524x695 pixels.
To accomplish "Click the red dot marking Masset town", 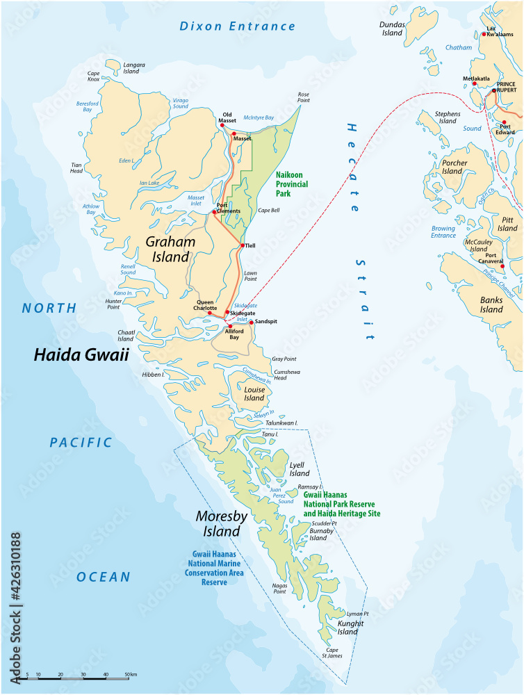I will pyautogui.click(x=235, y=134).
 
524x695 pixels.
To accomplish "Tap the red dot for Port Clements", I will pyautogui.click(x=215, y=212).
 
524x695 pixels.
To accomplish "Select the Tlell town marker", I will pyautogui.click(x=243, y=245).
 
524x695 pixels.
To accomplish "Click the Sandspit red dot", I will pyautogui.click(x=252, y=322).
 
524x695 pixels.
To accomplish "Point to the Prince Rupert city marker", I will pyautogui.click(x=495, y=90).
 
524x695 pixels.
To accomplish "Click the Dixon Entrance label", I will pyautogui.click(x=238, y=26).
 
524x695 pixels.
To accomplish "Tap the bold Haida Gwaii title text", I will pyautogui.click(x=81, y=355).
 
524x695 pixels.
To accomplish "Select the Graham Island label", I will pyautogui.click(x=170, y=249).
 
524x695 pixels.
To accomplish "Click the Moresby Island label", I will pyautogui.click(x=218, y=524).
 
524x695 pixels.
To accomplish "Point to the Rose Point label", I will pyautogui.click(x=304, y=97).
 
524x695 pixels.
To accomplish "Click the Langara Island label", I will pyautogui.click(x=134, y=67).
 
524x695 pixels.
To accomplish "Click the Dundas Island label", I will pyautogui.click(x=392, y=28).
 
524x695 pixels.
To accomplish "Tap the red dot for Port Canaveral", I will pyautogui.click(x=502, y=265).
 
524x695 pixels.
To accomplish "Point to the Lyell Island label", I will pyautogui.click(x=300, y=469).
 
